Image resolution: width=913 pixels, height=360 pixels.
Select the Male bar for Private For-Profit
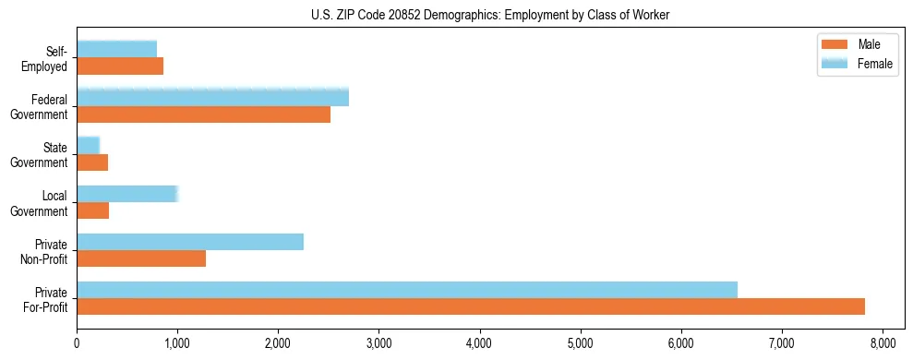[471, 306]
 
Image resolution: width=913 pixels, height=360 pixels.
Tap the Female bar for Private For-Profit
[407, 289]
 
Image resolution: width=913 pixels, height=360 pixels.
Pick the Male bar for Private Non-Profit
[141, 258]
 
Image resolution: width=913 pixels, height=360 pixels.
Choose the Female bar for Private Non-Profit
[190, 241]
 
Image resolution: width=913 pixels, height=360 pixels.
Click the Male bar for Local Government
[93, 210]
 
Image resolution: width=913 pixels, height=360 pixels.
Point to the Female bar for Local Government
[127, 193]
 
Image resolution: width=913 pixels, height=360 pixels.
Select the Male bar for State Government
[92, 162]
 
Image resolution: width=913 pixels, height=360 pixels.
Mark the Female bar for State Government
[89, 145]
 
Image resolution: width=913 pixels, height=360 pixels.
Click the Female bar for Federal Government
[212, 97]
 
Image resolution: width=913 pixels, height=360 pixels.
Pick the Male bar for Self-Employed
[120, 66]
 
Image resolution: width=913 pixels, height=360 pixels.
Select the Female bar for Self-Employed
[117, 49]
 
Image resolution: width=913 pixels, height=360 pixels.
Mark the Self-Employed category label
[52, 58]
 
